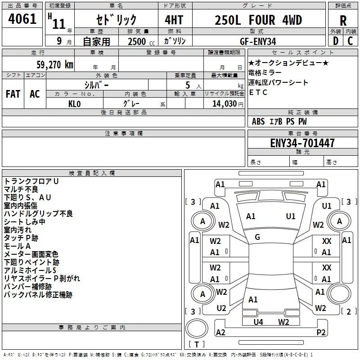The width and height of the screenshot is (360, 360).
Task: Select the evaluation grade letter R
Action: (x=343, y=21)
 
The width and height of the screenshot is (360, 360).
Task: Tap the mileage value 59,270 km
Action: (x=50, y=65)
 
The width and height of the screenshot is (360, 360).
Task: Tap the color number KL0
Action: (x=74, y=103)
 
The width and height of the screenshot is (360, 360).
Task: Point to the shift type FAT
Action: (x=13, y=94)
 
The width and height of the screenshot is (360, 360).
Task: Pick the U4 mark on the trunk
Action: (x=258, y=321)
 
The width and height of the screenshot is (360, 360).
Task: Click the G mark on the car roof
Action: (x=257, y=237)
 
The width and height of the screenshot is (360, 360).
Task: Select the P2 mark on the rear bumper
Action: (x=321, y=333)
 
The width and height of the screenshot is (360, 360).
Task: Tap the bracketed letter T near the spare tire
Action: (x=196, y=345)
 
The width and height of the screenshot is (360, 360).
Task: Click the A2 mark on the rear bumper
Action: (x=220, y=333)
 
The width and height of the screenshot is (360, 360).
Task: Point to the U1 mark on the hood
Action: (x=291, y=216)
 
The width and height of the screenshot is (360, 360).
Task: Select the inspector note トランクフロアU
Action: (x=31, y=181)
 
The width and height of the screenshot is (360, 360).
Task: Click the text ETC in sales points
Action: (x=258, y=92)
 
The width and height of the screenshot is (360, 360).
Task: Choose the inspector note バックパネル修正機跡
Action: (x=38, y=295)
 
